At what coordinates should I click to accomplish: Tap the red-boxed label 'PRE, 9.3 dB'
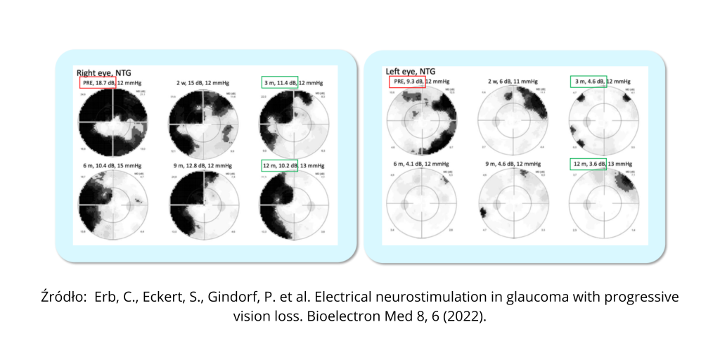coord(407,82)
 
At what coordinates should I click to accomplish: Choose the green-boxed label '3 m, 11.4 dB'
coord(279,83)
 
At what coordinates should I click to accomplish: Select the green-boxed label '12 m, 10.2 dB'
coord(279,166)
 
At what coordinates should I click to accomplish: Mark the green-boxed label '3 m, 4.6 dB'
coord(587,82)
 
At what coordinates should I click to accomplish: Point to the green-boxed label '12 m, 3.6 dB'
coord(588,164)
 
